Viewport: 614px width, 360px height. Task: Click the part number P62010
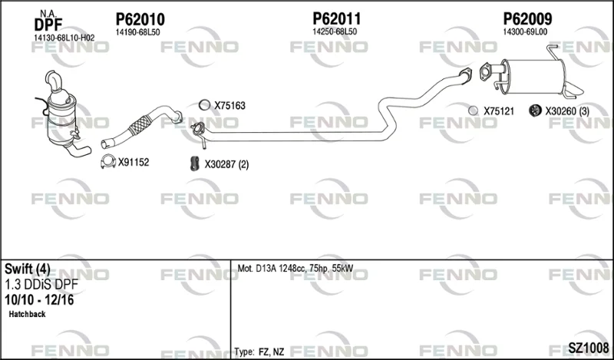pos(140,19)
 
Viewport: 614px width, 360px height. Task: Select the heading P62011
pos(336,18)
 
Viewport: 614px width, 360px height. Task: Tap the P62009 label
pos(527,18)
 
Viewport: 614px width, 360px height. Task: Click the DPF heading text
pos(48,25)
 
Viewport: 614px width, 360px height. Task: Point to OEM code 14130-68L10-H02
pos(64,38)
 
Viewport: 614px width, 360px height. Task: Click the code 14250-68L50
pos(335,32)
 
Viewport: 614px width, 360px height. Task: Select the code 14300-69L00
pos(525,32)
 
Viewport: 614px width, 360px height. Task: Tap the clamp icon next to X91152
pos(107,161)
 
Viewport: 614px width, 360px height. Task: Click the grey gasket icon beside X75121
pos(473,111)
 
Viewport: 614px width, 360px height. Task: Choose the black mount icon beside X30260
pos(534,111)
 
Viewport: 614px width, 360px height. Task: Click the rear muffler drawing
pos(533,76)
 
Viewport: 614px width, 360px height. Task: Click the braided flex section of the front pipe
pos(139,124)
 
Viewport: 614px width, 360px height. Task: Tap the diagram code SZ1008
pos(588,347)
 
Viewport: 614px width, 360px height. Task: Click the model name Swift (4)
pos(28,269)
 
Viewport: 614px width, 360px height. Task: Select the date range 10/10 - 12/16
pos(39,300)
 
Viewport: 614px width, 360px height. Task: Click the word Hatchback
pos(27,314)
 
